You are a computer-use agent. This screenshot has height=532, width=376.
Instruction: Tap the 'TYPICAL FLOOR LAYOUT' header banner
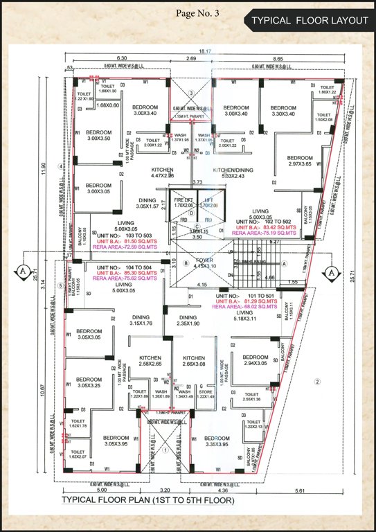tap(310, 21)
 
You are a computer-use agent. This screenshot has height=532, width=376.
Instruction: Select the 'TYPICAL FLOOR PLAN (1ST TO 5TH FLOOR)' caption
tap(148, 499)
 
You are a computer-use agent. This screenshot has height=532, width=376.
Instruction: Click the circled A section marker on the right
tap(332, 271)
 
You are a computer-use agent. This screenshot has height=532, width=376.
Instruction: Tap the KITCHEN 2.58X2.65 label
tap(145, 360)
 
